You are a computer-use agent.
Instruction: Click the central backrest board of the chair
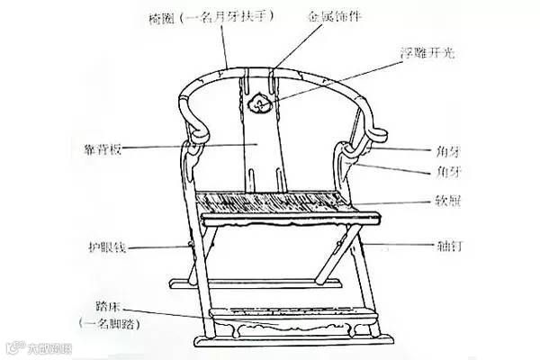[261, 144]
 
